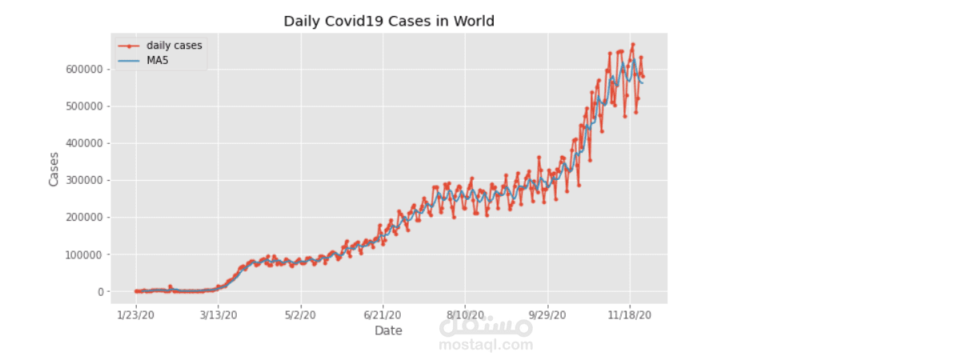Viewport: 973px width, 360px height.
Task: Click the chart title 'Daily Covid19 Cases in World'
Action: pyautogui.click(x=389, y=21)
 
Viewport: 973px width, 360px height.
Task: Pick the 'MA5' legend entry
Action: pyautogui.click(x=158, y=60)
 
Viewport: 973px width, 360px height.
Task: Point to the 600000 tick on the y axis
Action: pyautogui.click(x=86, y=70)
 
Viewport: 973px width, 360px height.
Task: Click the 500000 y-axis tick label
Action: pyautogui.click(x=86, y=106)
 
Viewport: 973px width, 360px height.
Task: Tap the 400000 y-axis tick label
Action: pyautogui.click(x=86, y=143)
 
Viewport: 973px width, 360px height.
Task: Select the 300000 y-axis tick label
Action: pyautogui.click(x=86, y=181)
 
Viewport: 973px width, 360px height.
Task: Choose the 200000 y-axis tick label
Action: pyautogui.click(x=86, y=218)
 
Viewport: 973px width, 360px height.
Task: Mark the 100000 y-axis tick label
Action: pyautogui.click(x=86, y=254)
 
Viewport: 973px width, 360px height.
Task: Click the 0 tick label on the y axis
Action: pyautogui.click(x=101, y=292)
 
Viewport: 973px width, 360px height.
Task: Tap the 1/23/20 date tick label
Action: pyautogui.click(x=136, y=315)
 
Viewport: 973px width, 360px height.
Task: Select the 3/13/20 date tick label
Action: pyautogui.click(x=218, y=315)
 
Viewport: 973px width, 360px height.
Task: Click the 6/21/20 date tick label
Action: pyautogui.click(x=382, y=315)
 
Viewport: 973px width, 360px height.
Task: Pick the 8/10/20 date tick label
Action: pyautogui.click(x=465, y=315)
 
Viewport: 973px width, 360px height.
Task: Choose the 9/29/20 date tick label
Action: pyautogui.click(x=547, y=315)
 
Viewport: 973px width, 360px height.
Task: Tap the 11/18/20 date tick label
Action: pyautogui.click(x=630, y=315)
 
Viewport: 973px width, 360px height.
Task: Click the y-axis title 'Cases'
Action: pyautogui.click(x=54, y=169)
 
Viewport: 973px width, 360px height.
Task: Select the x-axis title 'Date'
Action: pyautogui.click(x=388, y=330)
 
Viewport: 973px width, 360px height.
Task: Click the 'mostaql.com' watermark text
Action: pyautogui.click(x=486, y=346)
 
